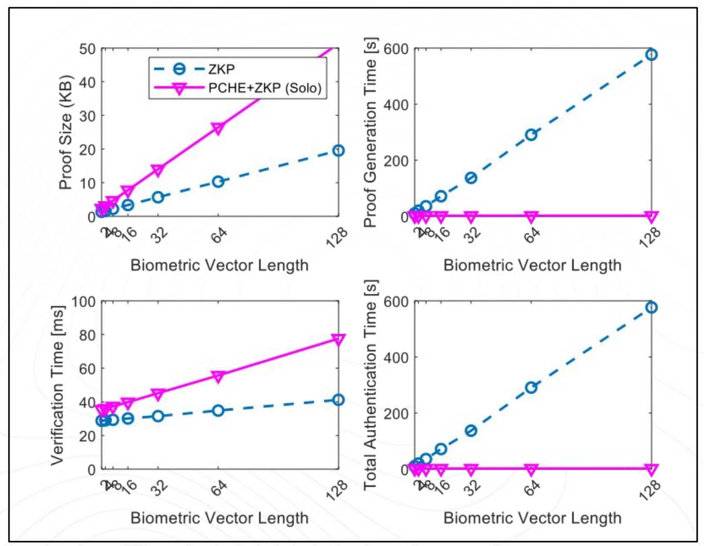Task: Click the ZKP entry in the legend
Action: (221, 69)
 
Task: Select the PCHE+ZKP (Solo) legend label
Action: (264, 88)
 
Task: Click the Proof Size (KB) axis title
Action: (66, 132)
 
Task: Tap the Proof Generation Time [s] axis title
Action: (370, 132)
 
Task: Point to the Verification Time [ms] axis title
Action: (58, 385)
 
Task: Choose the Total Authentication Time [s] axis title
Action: (370, 385)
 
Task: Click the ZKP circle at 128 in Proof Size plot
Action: (338, 150)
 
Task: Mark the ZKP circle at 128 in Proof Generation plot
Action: (651, 54)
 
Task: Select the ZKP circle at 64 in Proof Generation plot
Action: (531, 135)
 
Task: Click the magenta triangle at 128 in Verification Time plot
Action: (338, 340)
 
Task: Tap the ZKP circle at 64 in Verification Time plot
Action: (218, 411)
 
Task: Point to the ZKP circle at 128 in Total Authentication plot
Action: (651, 307)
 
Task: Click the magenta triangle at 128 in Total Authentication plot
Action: (651, 470)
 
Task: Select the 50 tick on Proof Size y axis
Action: (87, 49)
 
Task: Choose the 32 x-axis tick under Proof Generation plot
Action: (472, 235)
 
